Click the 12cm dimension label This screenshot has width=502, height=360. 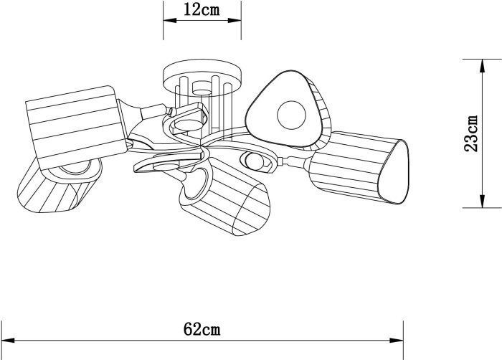click(202, 9)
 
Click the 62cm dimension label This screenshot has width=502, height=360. click(202, 329)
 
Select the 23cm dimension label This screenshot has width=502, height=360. click(471, 133)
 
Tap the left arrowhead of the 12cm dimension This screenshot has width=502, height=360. click(170, 20)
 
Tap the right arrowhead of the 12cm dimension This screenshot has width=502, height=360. click(235, 20)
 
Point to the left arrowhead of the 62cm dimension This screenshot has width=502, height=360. click(8, 340)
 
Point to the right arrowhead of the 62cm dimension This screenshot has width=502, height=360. click(397, 340)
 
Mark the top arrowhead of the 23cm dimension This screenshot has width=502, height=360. click(481, 66)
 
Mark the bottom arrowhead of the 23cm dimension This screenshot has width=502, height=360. click(481, 201)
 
